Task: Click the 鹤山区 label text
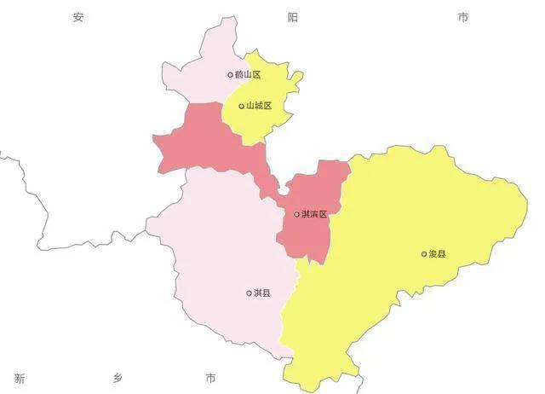point(248,75)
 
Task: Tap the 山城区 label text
point(258,107)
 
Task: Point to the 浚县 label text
point(438,254)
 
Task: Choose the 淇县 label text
point(262,293)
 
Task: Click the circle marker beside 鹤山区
point(230,75)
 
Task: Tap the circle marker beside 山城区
point(241,107)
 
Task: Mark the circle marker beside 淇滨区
point(296,214)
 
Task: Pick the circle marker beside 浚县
point(424,254)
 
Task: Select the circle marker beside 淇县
point(249,293)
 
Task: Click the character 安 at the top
point(78,17)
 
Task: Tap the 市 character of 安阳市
point(463,17)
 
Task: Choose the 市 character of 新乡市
point(210,378)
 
